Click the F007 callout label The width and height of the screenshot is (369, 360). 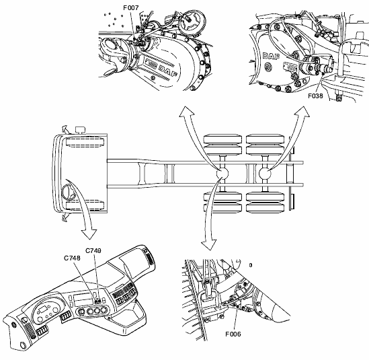click(131, 8)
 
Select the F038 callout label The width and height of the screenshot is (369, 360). click(316, 96)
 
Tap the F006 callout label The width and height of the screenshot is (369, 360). click(233, 334)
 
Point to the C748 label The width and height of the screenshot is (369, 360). click(72, 258)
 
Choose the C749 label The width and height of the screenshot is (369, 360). click(93, 251)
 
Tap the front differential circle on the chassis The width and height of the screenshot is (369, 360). click(222, 174)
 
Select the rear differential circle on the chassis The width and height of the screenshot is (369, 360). click(265, 174)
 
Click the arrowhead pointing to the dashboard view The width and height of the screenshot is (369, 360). click(89, 234)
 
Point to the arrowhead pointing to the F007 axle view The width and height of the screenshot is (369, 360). click(187, 111)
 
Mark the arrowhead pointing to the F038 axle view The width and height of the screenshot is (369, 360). click(303, 111)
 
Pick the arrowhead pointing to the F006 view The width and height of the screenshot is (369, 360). click(208, 245)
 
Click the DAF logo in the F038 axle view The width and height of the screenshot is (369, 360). click(271, 57)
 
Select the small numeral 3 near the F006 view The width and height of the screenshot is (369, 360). click(251, 265)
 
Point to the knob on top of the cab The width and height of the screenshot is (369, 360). click(81, 130)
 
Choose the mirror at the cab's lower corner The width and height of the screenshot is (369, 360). click(65, 217)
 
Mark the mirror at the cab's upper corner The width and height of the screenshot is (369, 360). click(65, 129)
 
